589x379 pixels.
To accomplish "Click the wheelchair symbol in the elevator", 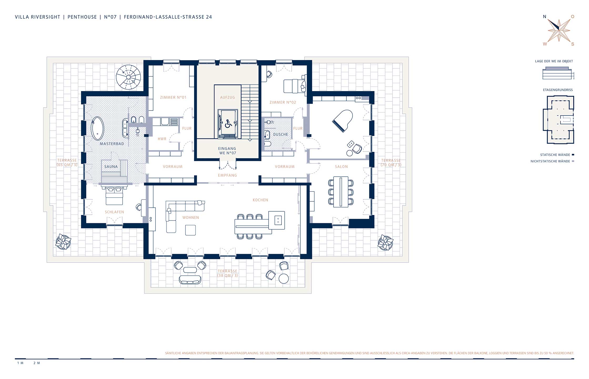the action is pyautogui.click(x=228, y=123).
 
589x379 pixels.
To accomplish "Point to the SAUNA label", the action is pyautogui.click(x=111, y=167).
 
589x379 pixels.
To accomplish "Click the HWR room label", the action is pyautogui.click(x=162, y=139).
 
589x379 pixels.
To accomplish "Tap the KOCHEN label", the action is pyautogui.click(x=260, y=200).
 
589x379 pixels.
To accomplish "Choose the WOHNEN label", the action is pyautogui.click(x=191, y=218).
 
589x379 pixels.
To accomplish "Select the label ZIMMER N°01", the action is pyautogui.click(x=173, y=97).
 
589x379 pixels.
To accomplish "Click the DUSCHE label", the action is pyautogui.click(x=281, y=134).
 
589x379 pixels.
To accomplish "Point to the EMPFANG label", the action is pyautogui.click(x=228, y=175).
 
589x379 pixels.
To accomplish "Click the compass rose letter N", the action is pyautogui.click(x=545, y=17).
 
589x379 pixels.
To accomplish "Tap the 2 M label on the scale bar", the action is pyautogui.click(x=37, y=363).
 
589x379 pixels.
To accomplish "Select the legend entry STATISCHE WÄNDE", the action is pyautogui.click(x=555, y=155).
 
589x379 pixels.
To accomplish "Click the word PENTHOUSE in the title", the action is pyautogui.click(x=82, y=17).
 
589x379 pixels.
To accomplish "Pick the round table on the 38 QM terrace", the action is pyautogui.click(x=284, y=278).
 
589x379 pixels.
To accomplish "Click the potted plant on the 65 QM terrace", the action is pyautogui.click(x=63, y=241).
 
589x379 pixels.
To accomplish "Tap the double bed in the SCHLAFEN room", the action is pyautogui.click(x=114, y=196).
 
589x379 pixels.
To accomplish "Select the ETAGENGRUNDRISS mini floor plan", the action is pyautogui.click(x=558, y=120).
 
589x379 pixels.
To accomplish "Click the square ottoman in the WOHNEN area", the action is pyautogui.click(x=190, y=230).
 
